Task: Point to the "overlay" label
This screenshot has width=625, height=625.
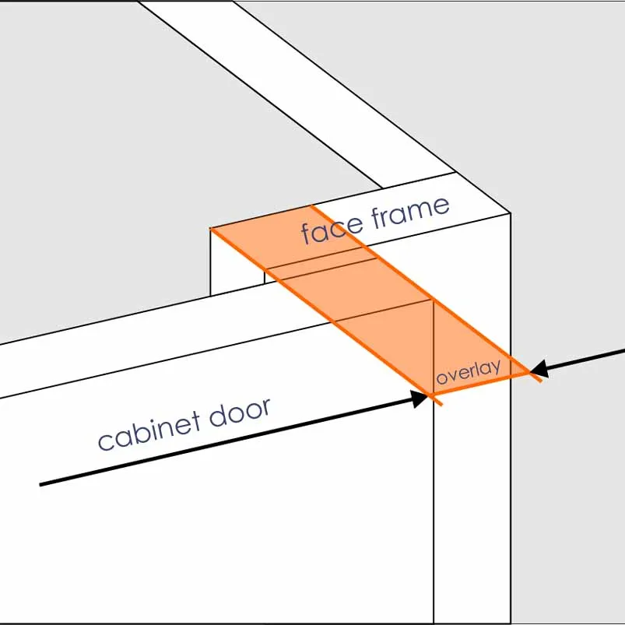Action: pyautogui.click(x=468, y=371)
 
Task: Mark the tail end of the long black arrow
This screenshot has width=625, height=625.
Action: pyautogui.click(x=40, y=484)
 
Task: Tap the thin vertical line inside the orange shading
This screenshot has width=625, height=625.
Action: pyautogui.click(x=433, y=342)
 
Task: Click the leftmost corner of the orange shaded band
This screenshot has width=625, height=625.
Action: pyautogui.click(x=211, y=229)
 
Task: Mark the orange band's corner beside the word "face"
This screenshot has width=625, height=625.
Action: pyautogui.click(x=311, y=205)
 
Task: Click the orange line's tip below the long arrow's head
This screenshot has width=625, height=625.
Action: pyautogui.click(x=441, y=405)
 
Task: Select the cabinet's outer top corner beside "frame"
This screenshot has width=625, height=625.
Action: pyautogui.click(x=510, y=212)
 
